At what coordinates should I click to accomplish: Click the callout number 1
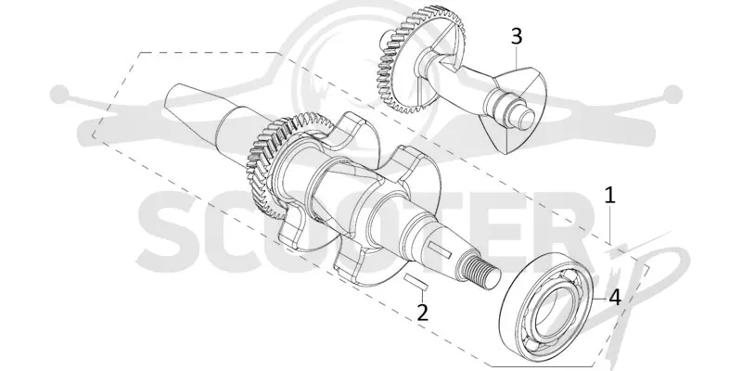610,196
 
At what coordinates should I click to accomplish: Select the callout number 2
422,313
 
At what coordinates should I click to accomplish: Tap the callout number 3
517,36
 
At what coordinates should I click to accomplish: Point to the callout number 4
615,298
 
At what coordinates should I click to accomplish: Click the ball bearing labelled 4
545,307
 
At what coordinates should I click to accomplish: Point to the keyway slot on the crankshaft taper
440,249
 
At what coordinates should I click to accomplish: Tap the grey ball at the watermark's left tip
59,95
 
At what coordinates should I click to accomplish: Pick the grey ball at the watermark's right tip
672,95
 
